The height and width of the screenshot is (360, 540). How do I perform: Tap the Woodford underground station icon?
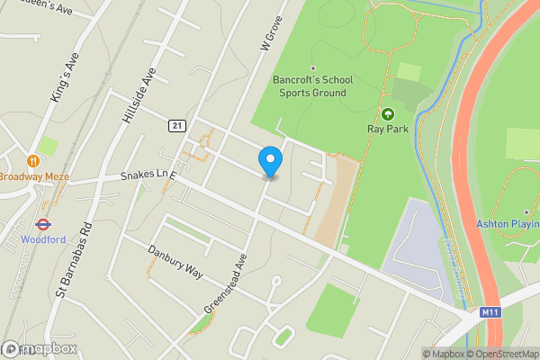click(41, 224)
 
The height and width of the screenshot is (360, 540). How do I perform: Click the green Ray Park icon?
click(388, 114)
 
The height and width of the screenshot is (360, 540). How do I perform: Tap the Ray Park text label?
click(388, 130)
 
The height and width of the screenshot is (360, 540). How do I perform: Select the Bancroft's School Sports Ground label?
click(313, 85)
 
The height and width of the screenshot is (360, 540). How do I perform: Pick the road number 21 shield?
click(175, 125)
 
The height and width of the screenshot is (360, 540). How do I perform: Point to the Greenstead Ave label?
click(224, 283)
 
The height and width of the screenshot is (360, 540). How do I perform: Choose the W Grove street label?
click(272, 34)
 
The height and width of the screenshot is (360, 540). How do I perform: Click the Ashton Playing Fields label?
click(508, 223)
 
